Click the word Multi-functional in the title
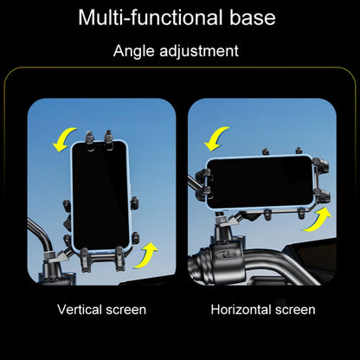point(151,17)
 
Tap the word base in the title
point(253,17)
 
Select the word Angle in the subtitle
point(133,52)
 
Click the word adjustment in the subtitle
point(199,52)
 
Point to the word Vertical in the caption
point(80,310)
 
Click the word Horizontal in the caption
point(241,310)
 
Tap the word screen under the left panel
point(126,310)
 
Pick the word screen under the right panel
point(295,310)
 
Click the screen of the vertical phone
point(100,196)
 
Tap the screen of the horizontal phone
point(260,182)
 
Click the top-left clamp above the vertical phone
point(89,140)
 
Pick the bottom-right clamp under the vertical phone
point(120,258)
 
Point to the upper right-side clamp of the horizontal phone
point(321,164)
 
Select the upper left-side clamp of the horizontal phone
point(203,175)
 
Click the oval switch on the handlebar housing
point(226,254)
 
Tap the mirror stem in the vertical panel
point(41,234)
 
